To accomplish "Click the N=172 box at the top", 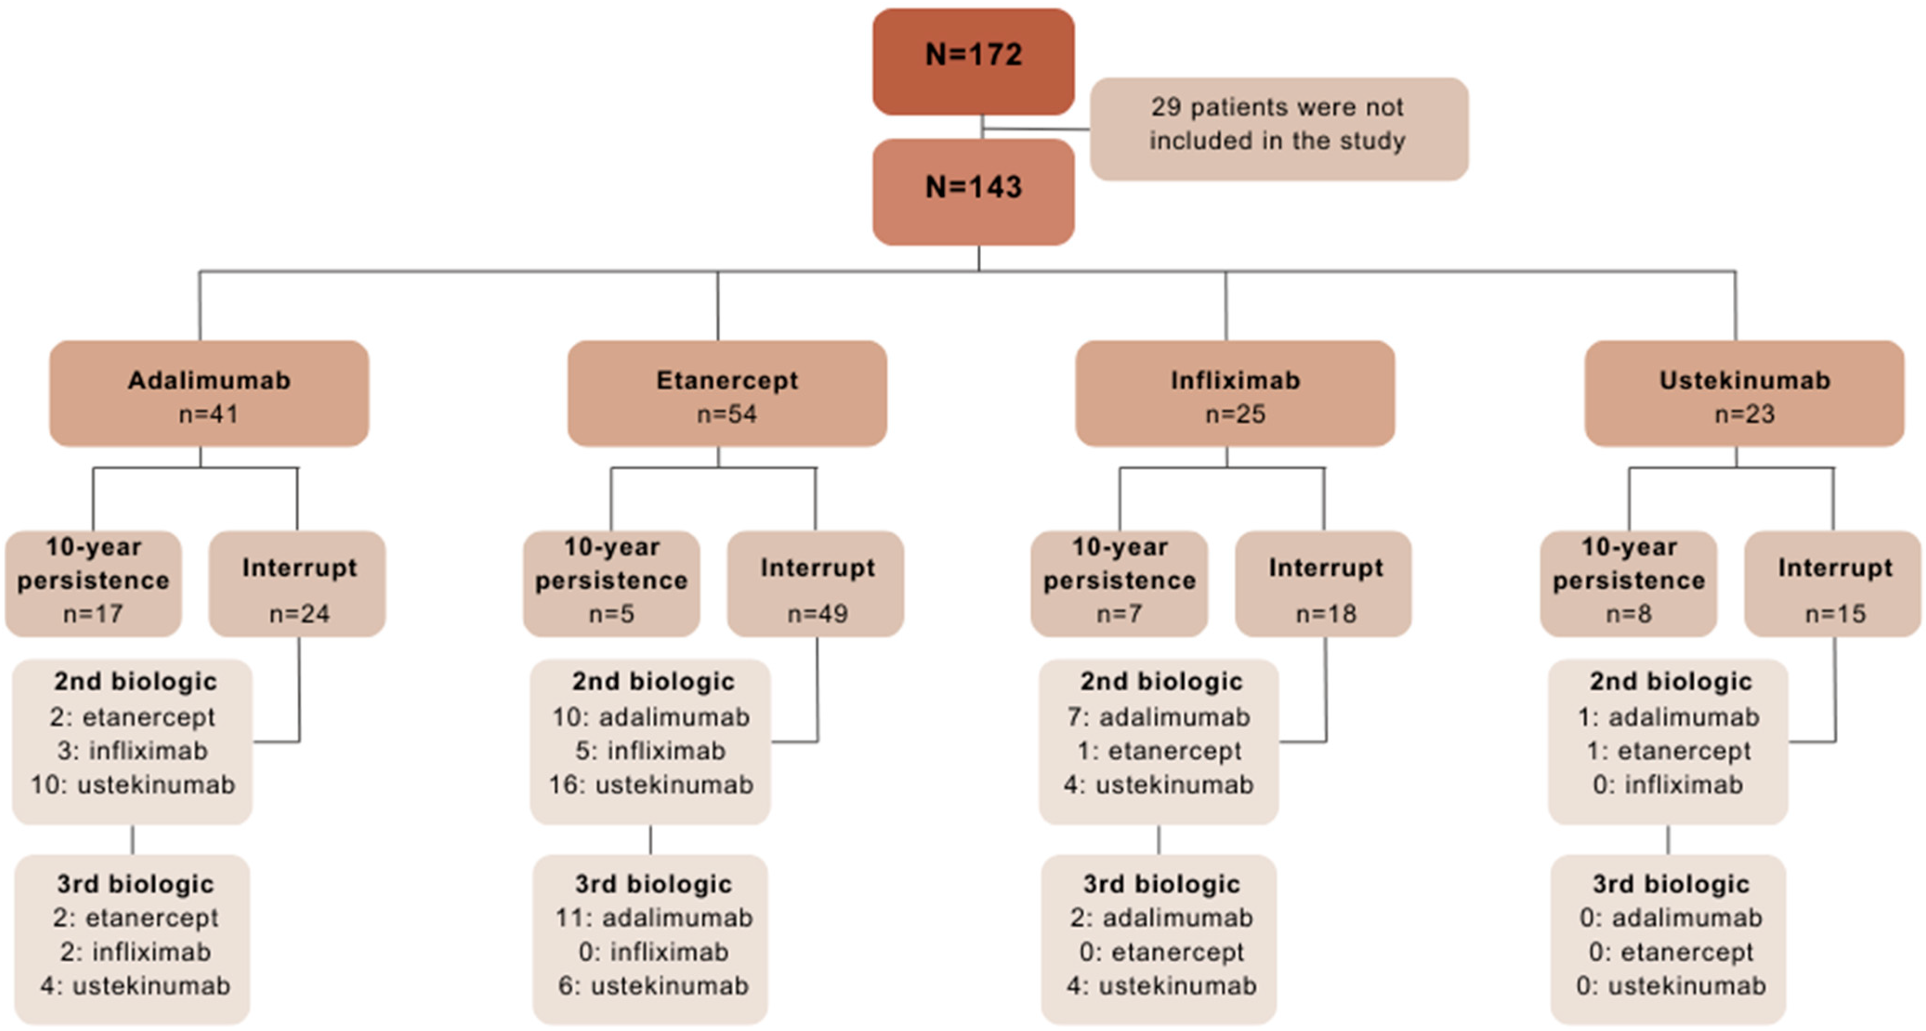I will [974, 61].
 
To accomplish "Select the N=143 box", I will [974, 191].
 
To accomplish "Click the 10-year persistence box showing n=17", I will [93, 583].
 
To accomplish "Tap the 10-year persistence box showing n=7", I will [1119, 583].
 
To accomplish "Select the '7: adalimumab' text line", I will [1159, 717].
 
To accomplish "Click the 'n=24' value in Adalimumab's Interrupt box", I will [299, 614].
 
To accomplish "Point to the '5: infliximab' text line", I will [650, 751].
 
